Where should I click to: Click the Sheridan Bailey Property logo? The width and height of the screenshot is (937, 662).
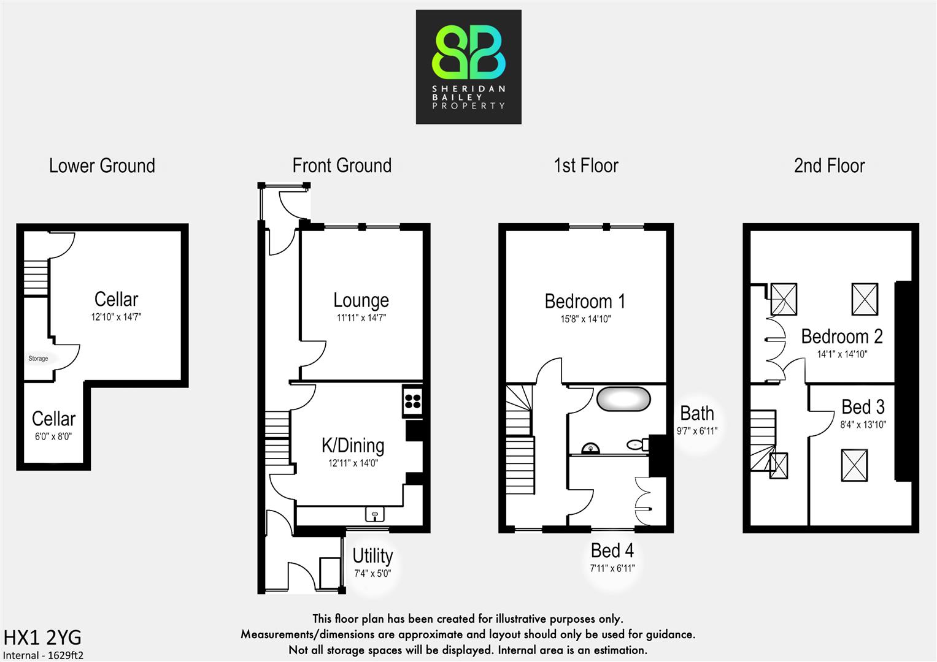click(x=469, y=67)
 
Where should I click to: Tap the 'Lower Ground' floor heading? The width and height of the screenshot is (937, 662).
click(x=102, y=165)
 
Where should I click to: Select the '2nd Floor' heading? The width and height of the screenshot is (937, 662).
click(x=829, y=165)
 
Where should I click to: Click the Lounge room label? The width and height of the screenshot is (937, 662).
click(x=361, y=300)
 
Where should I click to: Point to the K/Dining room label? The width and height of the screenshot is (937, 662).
click(x=353, y=445)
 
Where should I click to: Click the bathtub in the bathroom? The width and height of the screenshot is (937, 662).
click(x=623, y=398)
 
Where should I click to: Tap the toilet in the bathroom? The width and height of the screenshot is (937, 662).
click(x=636, y=444)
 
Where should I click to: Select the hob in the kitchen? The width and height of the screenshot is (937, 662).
click(x=413, y=401)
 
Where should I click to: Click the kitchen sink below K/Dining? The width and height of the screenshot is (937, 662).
click(x=374, y=514)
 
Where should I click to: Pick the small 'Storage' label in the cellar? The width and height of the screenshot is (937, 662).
click(x=38, y=359)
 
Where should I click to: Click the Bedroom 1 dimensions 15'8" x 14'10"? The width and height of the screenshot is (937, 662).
click(x=585, y=319)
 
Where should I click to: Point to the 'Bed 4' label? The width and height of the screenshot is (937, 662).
click(x=612, y=550)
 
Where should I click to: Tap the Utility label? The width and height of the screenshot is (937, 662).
click(x=372, y=556)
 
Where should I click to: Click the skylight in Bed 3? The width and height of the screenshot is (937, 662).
click(x=854, y=465)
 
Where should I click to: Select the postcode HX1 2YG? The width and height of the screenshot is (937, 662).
click(x=42, y=637)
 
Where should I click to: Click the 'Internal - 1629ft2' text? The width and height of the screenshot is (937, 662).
click(x=43, y=655)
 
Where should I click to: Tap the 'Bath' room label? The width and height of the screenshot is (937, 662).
click(x=697, y=414)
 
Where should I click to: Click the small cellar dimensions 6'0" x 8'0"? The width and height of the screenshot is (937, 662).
click(x=53, y=436)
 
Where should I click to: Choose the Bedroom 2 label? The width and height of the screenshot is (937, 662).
click(x=841, y=337)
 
